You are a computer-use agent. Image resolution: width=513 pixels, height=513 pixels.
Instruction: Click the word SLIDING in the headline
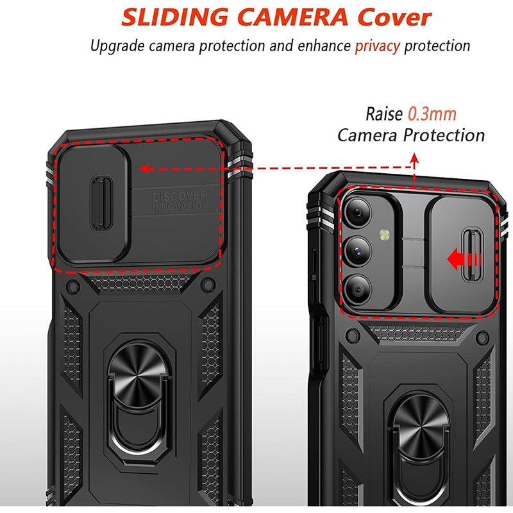(174, 17)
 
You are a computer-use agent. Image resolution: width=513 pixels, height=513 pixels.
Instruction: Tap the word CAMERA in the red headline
(292, 17)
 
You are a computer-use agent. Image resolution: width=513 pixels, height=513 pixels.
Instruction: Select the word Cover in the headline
(394, 17)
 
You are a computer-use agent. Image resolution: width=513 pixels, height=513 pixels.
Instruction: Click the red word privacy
(377, 46)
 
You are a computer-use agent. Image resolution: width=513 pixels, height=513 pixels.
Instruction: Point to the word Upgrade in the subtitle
(117, 46)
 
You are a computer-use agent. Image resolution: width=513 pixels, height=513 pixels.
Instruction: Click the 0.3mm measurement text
(432, 114)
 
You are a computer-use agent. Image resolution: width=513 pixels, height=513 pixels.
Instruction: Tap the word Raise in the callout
(384, 114)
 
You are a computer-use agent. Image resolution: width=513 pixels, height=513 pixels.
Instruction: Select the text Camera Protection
(411, 135)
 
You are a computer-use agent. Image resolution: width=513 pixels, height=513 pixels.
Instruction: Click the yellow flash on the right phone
(385, 234)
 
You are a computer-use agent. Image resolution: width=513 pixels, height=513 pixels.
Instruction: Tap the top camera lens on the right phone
(358, 213)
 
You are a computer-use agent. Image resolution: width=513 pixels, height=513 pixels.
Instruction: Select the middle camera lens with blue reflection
(358, 251)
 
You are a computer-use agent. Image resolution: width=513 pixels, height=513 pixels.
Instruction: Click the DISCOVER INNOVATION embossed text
(180, 201)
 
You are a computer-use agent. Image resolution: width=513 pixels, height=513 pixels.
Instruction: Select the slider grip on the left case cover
(102, 203)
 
